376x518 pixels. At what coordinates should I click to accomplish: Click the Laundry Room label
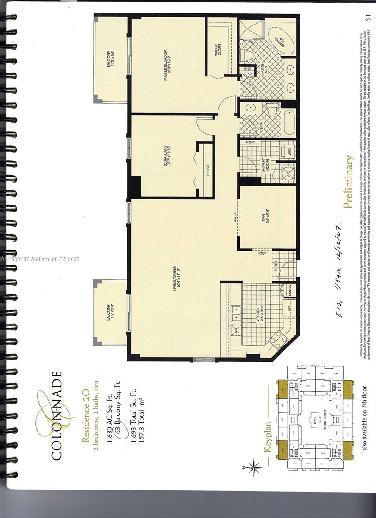pos(265,164)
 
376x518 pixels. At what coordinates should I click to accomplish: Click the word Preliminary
pos(349,182)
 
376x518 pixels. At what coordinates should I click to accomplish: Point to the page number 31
pos(368,17)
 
